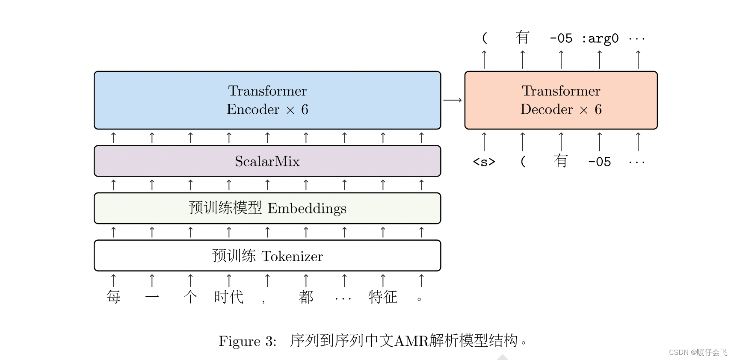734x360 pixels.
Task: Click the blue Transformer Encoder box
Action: (267, 100)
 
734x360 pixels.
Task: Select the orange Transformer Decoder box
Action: (561, 100)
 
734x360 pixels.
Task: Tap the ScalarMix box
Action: (267, 161)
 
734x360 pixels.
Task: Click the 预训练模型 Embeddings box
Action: (267, 208)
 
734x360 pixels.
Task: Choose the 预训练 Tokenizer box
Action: (267, 256)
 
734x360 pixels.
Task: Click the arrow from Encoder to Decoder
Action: (453, 100)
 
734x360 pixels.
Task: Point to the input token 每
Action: (113, 297)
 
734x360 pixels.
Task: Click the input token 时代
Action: (229, 297)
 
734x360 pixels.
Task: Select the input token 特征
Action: (383, 297)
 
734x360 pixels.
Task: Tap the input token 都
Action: (306, 297)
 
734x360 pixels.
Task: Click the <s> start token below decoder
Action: (484, 162)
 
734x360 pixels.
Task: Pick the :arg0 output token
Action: (600, 38)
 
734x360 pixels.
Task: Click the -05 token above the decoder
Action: (561, 38)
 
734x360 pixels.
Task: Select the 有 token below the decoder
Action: (561, 161)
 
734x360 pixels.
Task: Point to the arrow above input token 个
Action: (190, 280)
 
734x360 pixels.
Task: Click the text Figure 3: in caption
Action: (247, 341)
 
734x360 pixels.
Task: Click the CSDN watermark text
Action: (698, 352)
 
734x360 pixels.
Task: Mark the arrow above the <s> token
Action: (484, 142)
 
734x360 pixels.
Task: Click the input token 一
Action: (152, 297)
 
